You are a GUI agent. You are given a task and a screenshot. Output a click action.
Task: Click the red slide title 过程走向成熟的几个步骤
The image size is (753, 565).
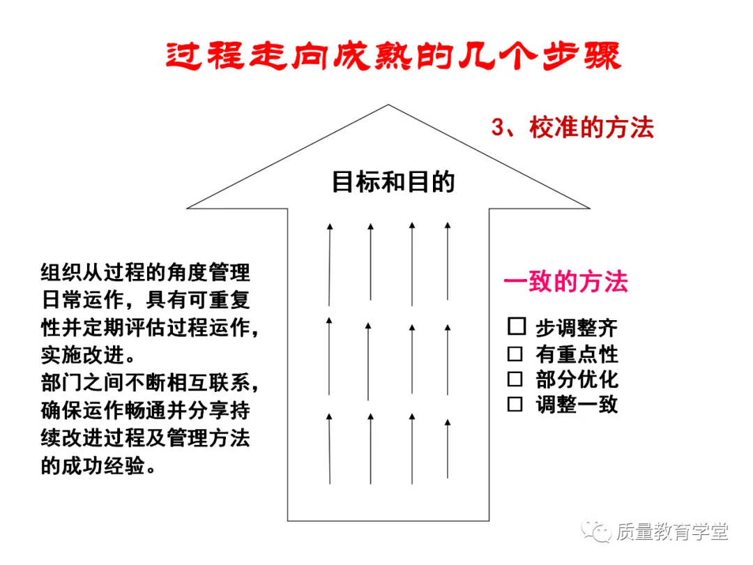pyautogui.click(x=393, y=56)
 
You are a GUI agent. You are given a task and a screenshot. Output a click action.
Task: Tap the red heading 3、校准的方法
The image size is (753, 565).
pyautogui.click(x=572, y=128)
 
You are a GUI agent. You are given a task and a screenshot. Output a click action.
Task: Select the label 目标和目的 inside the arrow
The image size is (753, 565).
pyautogui.click(x=393, y=182)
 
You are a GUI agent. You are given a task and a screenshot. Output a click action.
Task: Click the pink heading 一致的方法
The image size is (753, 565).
pyautogui.click(x=565, y=282)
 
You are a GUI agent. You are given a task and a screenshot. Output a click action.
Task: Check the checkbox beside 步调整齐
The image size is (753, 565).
pyautogui.click(x=516, y=326)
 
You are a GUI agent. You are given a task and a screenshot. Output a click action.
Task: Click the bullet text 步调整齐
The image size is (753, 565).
pyautogui.click(x=577, y=328)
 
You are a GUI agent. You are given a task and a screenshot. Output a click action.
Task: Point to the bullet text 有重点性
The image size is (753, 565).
pyautogui.click(x=577, y=354)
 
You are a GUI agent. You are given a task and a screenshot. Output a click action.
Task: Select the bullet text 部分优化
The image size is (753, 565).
pyautogui.click(x=577, y=379)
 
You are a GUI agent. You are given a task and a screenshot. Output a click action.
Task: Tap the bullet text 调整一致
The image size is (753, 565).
pyautogui.click(x=577, y=405)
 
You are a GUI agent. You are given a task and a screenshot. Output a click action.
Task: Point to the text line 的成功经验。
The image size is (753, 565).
pyautogui.click(x=98, y=466)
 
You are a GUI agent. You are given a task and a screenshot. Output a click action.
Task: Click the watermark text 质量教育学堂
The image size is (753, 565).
pyautogui.click(x=672, y=532)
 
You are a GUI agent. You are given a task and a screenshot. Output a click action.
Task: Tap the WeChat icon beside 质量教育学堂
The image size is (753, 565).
pyautogui.click(x=598, y=532)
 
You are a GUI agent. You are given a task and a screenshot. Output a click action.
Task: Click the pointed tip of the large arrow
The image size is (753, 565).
pyautogui.click(x=388, y=107)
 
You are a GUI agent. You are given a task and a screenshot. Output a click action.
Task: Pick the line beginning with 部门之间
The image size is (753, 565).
pyautogui.click(x=154, y=383)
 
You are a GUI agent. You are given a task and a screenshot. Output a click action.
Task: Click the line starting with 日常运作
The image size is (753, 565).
pyautogui.click(x=145, y=300)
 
